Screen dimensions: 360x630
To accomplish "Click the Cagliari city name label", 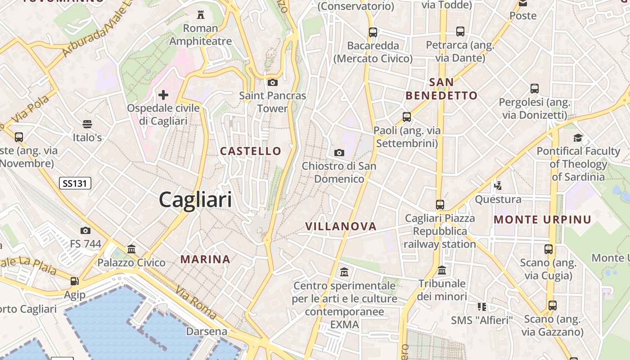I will coord(195,200).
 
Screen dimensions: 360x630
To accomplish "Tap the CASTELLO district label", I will coord(251,151).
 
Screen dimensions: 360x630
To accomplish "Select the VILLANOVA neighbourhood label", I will coord(341,226).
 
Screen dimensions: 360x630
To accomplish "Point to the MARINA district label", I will coord(206,259).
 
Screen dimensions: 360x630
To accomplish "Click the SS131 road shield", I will coord(75,183).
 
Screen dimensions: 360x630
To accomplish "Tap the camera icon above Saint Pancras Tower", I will coord(272,82).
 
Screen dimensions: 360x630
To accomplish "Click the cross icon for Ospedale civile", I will coord(163,95).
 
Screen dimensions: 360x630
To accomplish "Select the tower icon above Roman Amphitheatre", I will coord(201,15).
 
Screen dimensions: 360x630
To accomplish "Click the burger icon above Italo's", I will coord(87,124).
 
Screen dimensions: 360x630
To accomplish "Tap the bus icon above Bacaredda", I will coord(373,32).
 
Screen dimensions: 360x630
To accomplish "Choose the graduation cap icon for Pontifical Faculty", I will coord(578,138).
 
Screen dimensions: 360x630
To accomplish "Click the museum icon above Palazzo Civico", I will coord(131,249).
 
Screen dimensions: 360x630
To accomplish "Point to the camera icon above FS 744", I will coord(85,231).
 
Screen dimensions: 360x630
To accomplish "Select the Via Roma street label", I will coord(196,302).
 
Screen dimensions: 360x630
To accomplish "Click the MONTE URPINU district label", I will coord(542,220).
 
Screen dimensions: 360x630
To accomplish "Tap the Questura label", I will coord(498,199).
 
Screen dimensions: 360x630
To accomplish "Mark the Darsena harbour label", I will coord(207,332).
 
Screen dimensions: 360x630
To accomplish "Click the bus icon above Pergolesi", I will coord(535,89).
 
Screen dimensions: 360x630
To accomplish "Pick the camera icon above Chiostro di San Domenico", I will coord(339,153).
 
